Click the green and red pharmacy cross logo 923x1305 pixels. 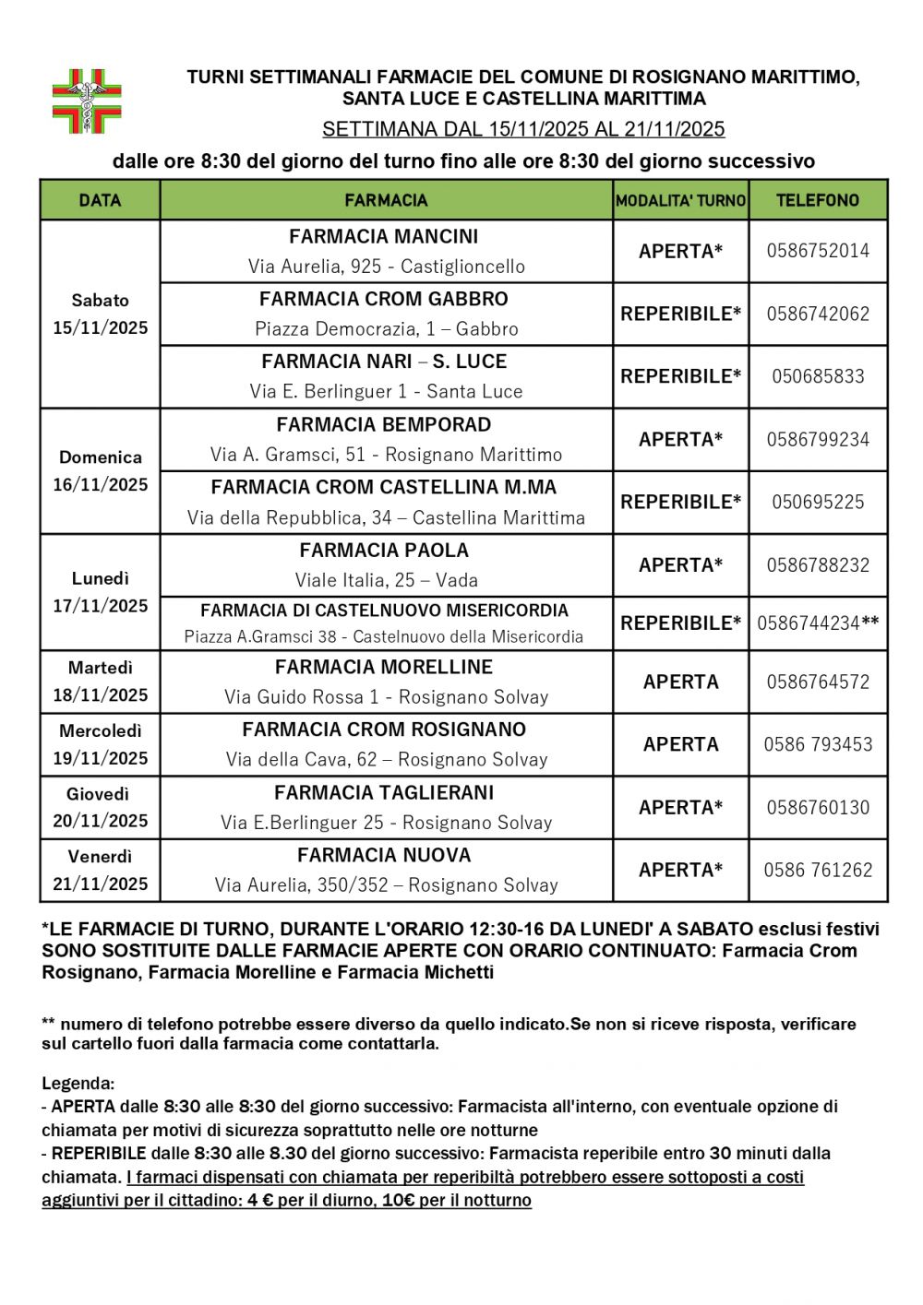(87, 101)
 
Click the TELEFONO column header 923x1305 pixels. (818, 200)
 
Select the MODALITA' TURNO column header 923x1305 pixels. (681, 200)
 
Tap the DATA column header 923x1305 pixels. (100, 200)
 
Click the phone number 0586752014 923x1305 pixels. (818, 251)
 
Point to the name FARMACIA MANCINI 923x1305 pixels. (384, 237)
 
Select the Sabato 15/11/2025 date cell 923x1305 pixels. (100, 314)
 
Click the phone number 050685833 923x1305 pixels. (818, 376)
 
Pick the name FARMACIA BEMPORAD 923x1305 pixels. (384, 425)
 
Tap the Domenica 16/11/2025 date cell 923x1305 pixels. (100, 470)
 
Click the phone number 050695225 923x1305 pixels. (818, 503)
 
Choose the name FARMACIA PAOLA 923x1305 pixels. (384, 551)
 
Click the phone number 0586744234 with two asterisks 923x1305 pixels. (818, 623)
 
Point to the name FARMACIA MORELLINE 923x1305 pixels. (384, 667)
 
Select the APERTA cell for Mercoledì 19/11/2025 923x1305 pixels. (681, 744)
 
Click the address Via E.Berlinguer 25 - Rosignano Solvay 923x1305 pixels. (386, 823)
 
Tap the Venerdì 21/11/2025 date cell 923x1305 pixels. (100, 870)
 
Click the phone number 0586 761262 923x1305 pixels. (818, 870)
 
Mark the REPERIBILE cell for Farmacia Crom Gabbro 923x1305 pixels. (681, 314)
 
